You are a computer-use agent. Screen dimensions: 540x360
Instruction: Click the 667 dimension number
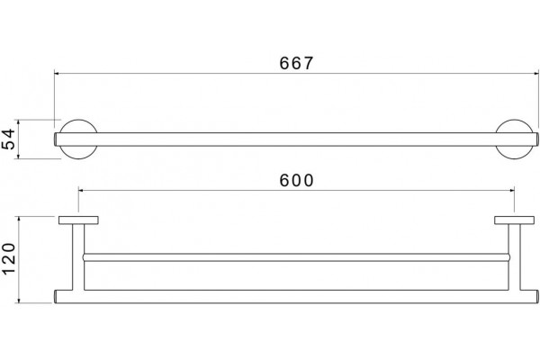point(296,63)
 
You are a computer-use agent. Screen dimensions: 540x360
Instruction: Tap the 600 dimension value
point(296,180)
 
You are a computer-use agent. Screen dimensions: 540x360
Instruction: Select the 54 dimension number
point(9,139)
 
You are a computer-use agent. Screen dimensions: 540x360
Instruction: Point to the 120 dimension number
point(9,258)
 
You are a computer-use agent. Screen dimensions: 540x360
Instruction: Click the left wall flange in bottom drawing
point(78,220)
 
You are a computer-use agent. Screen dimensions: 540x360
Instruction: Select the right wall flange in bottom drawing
point(515,220)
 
